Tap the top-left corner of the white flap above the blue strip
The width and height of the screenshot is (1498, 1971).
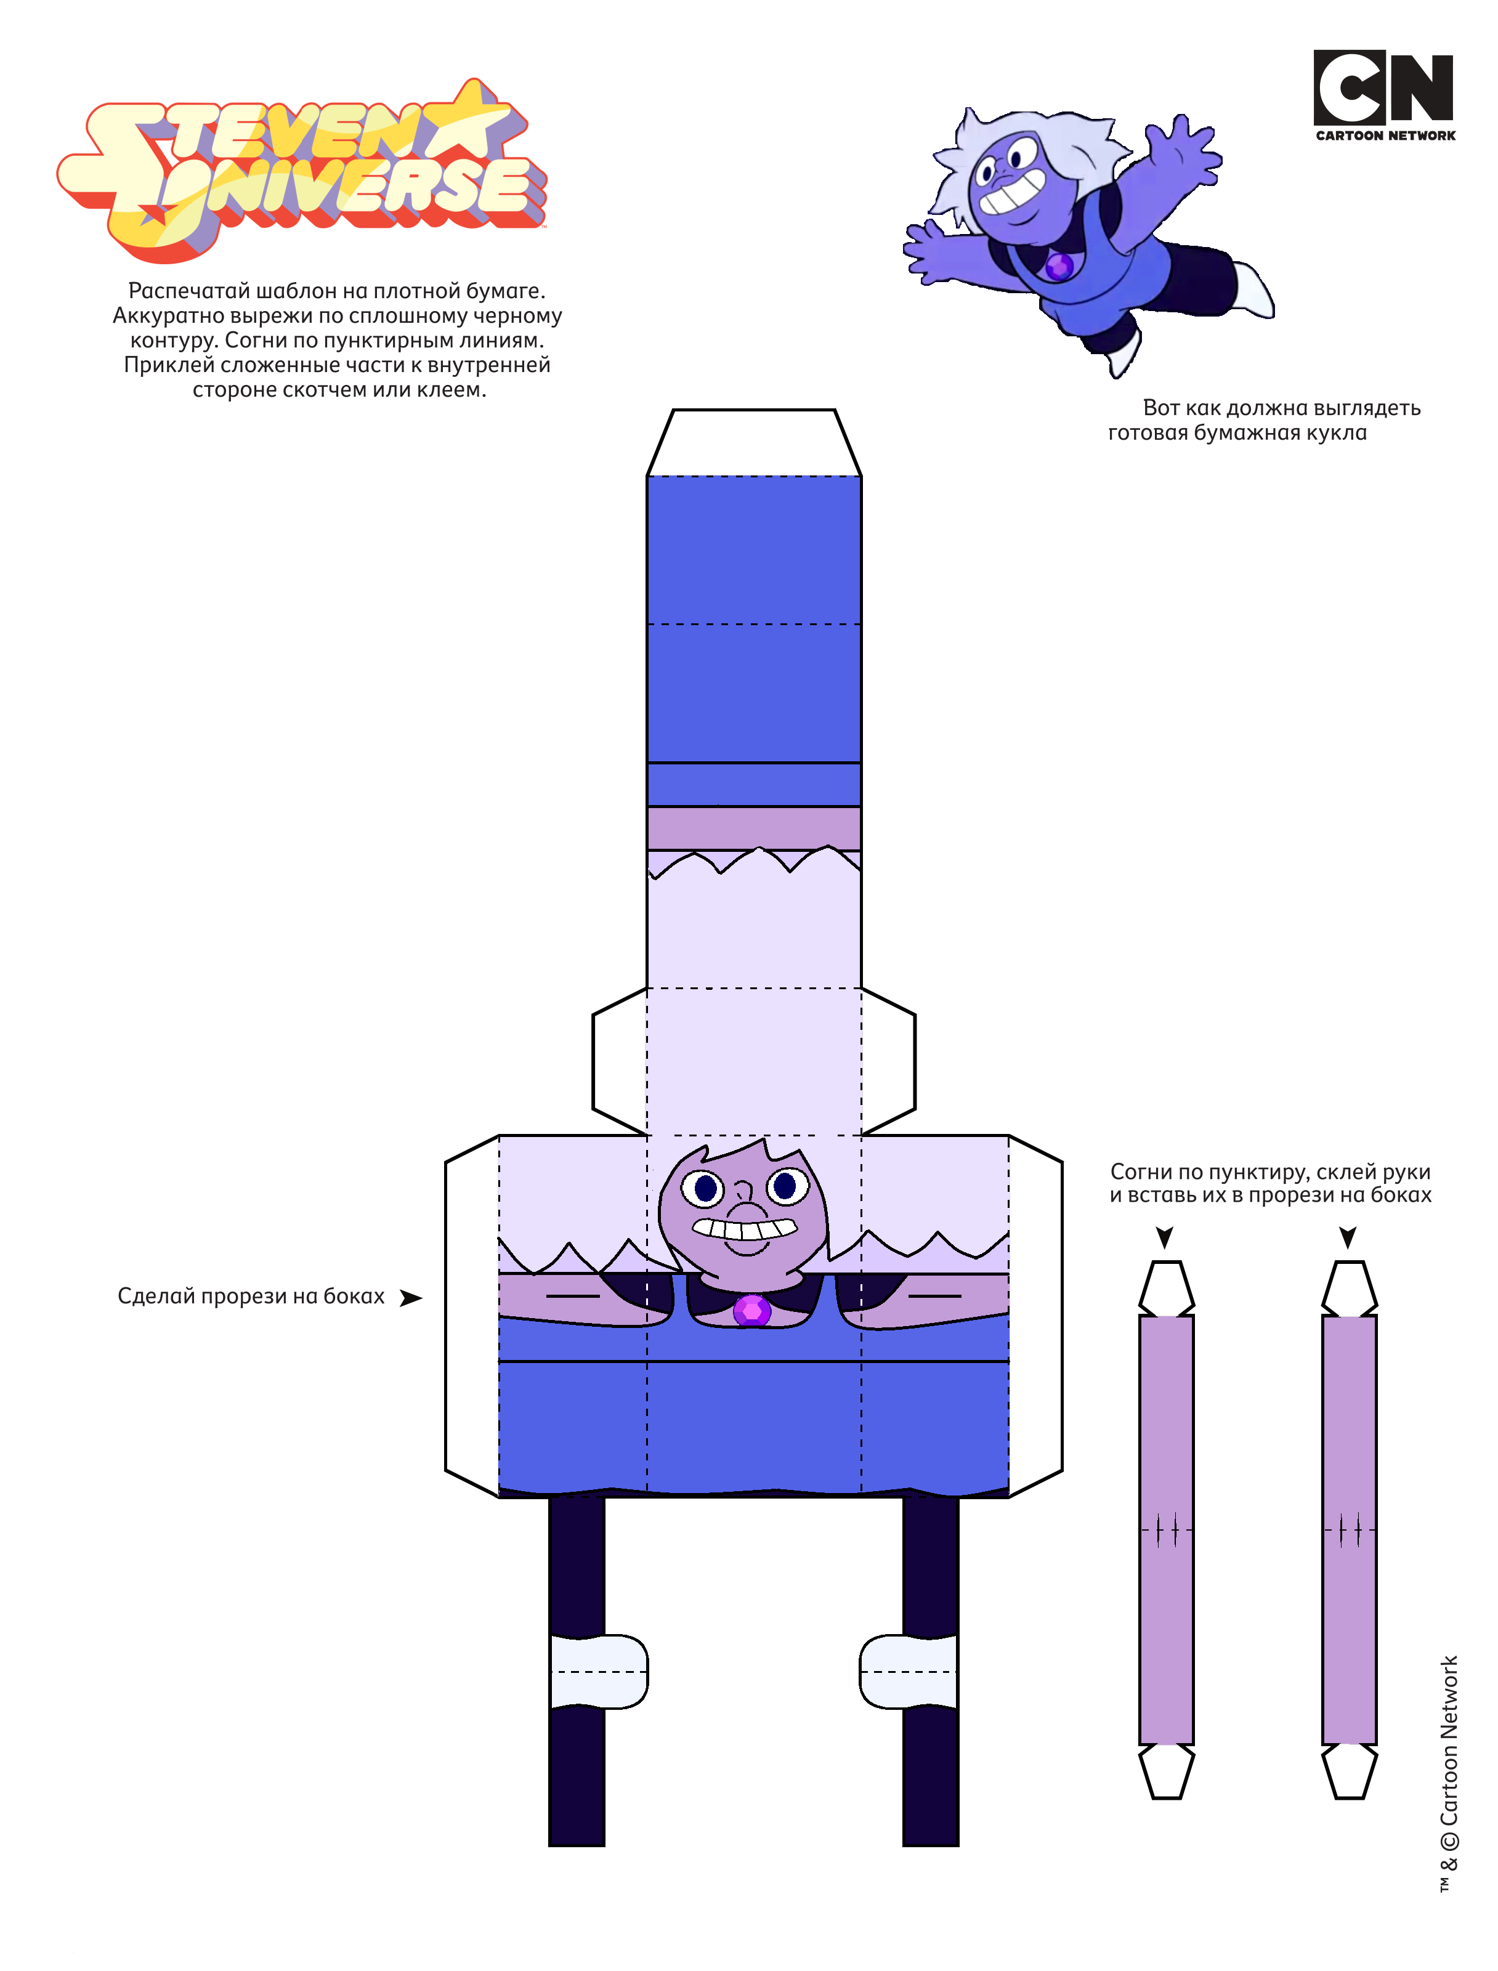click(673, 410)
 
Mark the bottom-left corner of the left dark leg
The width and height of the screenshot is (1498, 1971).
click(549, 1845)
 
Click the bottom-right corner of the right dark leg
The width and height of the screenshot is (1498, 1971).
click(958, 1845)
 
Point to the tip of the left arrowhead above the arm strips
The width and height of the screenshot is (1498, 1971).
click(1165, 1249)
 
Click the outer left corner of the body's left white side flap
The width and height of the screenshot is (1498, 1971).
click(446, 1162)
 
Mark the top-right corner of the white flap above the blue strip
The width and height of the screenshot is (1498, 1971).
click(835, 410)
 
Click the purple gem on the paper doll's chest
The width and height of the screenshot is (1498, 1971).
click(751, 1311)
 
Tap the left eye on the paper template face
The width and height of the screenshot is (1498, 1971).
click(705, 1188)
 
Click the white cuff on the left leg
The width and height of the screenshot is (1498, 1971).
click(598, 1672)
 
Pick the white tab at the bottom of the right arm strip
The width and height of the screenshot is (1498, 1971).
click(1349, 1771)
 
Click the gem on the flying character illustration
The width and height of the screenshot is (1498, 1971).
click(1059, 265)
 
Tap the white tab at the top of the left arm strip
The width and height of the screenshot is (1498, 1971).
click(1166, 1287)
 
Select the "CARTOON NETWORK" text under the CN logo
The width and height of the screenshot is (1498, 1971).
click(1385, 136)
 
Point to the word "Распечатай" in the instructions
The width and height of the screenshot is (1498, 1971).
click(189, 291)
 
